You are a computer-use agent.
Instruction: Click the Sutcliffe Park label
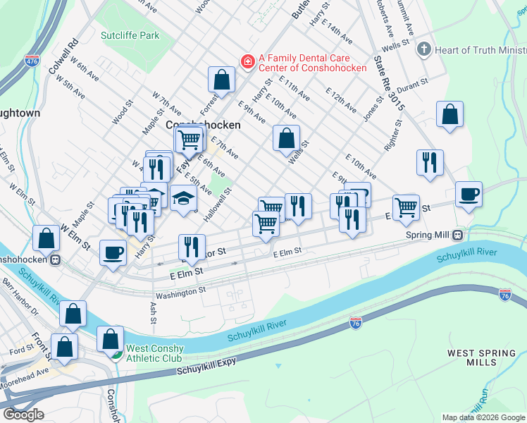[130, 35]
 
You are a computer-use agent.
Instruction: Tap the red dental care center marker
[247, 62]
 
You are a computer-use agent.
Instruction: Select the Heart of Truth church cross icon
[423, 49]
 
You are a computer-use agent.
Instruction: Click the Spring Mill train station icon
[458, 234]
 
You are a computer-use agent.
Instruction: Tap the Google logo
[23, 415]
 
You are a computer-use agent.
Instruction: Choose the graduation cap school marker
[183, 197]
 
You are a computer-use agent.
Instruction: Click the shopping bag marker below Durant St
[449, 114]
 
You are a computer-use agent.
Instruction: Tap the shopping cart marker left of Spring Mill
[406, 207]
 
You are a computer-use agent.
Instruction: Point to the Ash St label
[153, 313]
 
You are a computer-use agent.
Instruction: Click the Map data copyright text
[483, 417]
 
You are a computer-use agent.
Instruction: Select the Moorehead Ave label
[24, 385]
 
